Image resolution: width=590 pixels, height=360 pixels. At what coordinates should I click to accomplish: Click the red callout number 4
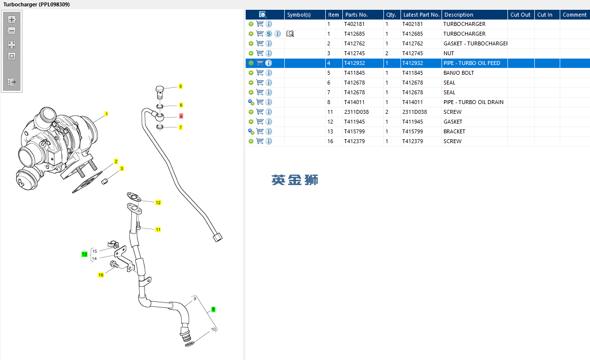click(x=181, y=116)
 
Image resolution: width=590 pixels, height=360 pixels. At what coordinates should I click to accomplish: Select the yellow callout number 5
click(x=180, y=86)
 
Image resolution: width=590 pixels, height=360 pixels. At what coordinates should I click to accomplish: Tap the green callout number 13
click(x=84, y=254)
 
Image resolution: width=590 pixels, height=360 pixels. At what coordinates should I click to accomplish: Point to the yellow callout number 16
click(x=101, y=275)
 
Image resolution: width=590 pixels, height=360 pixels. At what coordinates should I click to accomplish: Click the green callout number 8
click(x=213, y=309)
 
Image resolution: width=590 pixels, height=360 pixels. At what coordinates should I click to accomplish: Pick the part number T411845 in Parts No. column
click(x=354, y=73)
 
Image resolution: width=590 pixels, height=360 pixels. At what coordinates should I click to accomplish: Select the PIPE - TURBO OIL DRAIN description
click(x=473, y=102)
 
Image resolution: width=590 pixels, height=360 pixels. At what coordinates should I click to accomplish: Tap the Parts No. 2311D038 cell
click(x=356, y=112)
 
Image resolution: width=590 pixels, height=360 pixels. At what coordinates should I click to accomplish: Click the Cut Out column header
click(x=520, y=15)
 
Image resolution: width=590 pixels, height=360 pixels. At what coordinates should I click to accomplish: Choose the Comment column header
click(x=574, y=15)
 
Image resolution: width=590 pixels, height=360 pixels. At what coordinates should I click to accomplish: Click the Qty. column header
click(x=391, y=15)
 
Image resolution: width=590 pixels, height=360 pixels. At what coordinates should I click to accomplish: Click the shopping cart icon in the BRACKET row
click(x=260, y=131)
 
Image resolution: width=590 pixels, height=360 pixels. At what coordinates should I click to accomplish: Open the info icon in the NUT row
click(x=269, y=53)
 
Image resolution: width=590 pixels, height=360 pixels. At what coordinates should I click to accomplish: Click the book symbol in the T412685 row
click(x=290, y=34)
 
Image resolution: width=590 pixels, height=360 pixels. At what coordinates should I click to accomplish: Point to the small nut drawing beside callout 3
click(x=104, y=182)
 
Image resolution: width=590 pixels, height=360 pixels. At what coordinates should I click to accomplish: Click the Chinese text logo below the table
click(x=295, y=180)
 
